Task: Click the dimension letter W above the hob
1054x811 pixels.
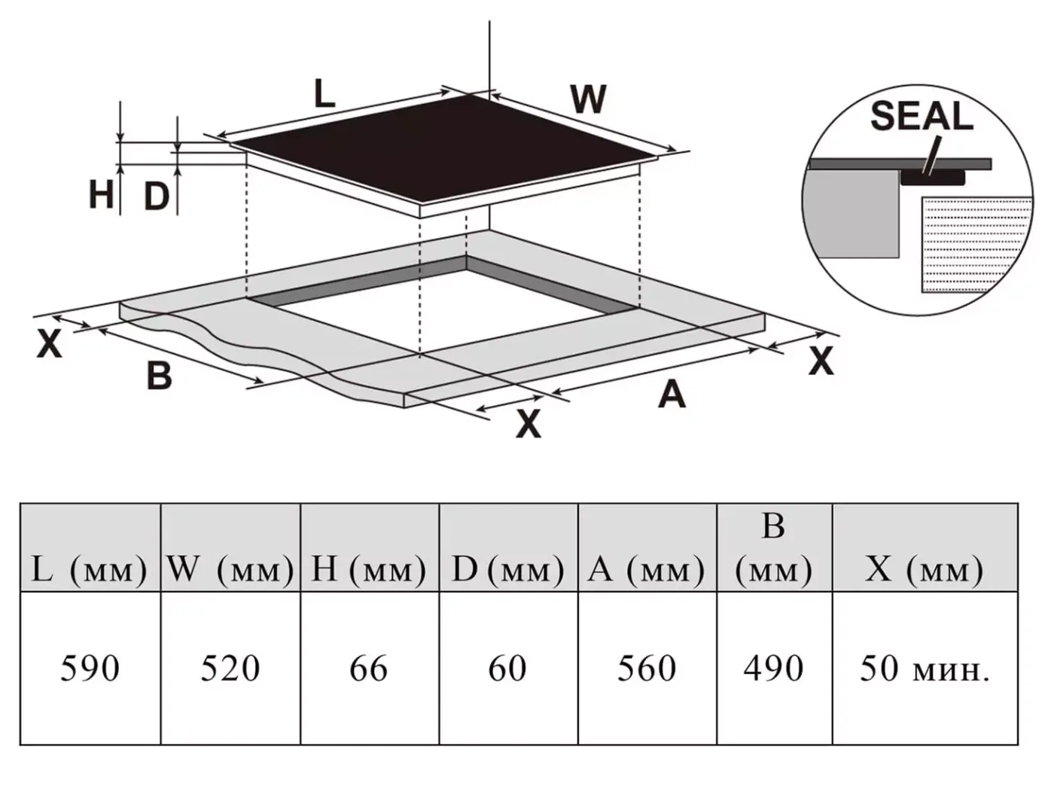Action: click(589, 99)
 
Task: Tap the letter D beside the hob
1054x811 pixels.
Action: click(157, 197)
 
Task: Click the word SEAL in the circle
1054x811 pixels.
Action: click(921, 116)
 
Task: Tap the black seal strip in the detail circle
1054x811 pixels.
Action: click(933, 178)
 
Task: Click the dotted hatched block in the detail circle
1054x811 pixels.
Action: click(976, 245)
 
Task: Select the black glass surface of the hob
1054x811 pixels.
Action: click(444, 148)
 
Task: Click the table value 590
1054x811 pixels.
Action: click(90, 669)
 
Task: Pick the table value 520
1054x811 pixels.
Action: click(230, 669)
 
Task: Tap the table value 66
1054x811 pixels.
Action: click(369, 669)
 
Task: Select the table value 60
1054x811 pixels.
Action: click(507, 669)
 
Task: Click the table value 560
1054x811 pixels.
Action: click(647, 669)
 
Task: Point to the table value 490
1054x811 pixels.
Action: click(774, 669)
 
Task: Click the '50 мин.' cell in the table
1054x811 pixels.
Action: click(925, 669)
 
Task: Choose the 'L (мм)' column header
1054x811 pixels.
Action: click(89, 569)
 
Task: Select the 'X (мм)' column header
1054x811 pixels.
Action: click(925, 569)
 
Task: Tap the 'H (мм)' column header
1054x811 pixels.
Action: click(369, 569)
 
